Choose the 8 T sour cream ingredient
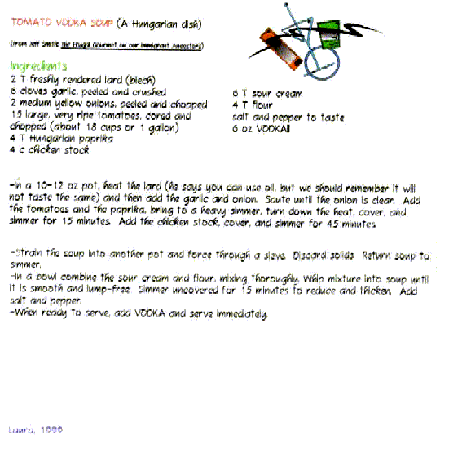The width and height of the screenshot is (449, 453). (267, 94)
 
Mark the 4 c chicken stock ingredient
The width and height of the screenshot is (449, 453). (50, 151)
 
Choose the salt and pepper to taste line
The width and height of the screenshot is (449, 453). (287, 117)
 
